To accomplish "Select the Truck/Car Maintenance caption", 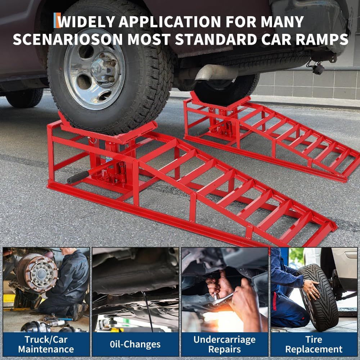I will (x=46, y=344).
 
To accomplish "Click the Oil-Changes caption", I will (x=135, y=344).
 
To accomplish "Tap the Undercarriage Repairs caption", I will (x=224, y=344).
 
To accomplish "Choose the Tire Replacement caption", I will (x=314, y=344).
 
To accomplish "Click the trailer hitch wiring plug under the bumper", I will (x=318, y=68).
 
